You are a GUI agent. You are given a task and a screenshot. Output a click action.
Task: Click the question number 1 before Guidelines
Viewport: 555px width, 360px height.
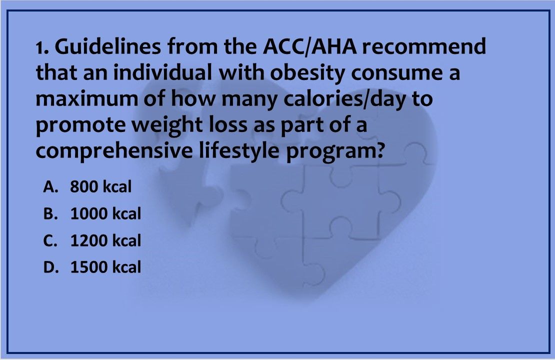coord(40,48)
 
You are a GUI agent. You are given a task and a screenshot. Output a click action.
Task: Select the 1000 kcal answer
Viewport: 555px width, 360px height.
coord(105,214)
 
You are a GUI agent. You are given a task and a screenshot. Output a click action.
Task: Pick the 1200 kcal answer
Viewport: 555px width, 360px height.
coord(105,241)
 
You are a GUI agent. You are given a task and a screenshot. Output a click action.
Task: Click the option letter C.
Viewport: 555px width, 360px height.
coord(48,241)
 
